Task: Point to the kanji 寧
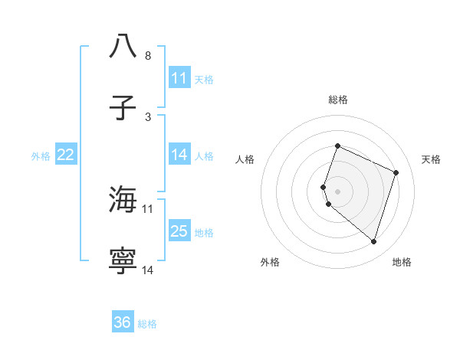point(123,261)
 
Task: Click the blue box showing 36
point(123,322)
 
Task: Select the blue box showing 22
point(66,155)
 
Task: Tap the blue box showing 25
point(179,231)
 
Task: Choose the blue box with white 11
point(179,78)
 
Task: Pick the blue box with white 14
point(179,155)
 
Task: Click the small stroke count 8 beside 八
point(148,56)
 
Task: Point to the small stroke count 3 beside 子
point(148,116)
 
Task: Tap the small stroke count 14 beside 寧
point(148,270)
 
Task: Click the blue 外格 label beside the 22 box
point(41,156)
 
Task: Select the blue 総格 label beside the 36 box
point(147,324)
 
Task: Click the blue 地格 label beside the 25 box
point(204,233)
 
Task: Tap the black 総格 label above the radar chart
point(338,100)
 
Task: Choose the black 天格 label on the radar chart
point(432,159)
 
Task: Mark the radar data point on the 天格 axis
point(396,172)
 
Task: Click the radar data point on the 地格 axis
point(373,242)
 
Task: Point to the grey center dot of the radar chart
point(338,191)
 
